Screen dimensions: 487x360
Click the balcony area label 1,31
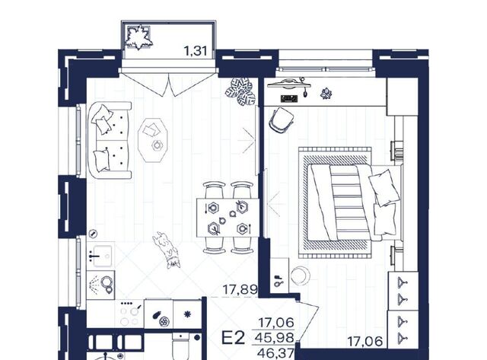(x=196, y=51)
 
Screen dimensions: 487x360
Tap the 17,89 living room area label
(x=240, y=290)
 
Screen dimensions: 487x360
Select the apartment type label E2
(x=234, y=338)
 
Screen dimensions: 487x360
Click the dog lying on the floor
(x=166, y=250)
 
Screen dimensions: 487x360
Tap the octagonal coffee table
(x=152, y=140)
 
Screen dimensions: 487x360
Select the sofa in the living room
(x=110, y=140)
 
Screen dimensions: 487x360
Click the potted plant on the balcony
(x=138, y=37)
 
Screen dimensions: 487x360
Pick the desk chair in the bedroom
(x=282, y=121)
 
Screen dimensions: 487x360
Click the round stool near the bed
(x=300, y=276)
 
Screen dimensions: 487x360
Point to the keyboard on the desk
(x=289, y=98)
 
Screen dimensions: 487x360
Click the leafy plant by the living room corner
(x=241, y=91)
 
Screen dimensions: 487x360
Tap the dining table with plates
(x=228, y=218)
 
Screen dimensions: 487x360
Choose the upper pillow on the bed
(x=384, y=187)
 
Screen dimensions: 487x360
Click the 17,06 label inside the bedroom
(x=364, y=342)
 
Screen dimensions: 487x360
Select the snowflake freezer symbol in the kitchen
(x=188, y=314)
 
